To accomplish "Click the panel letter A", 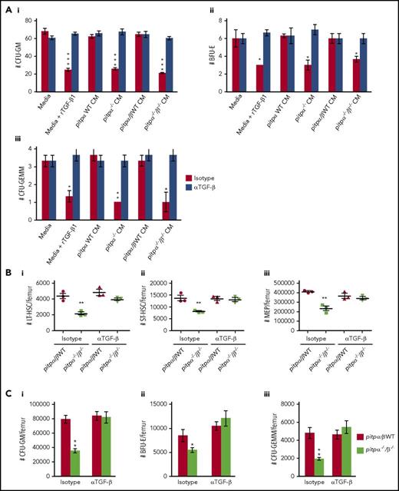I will click(8, 7).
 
